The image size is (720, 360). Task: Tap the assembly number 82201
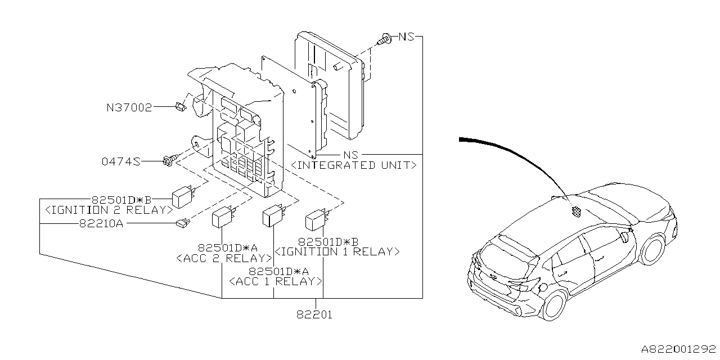pos(315,315)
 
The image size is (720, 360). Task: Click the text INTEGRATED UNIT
pos(354,165)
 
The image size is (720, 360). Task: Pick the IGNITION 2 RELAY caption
pos(109,210)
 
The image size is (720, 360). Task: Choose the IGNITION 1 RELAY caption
pos(336,251)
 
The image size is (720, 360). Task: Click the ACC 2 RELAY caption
pos(224,258)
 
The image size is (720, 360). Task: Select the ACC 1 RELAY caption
pos(274,281)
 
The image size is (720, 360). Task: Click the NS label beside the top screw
pos(406,37)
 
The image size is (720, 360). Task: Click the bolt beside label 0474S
pos(169,161)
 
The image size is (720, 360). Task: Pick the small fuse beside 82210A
pos(182,223)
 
